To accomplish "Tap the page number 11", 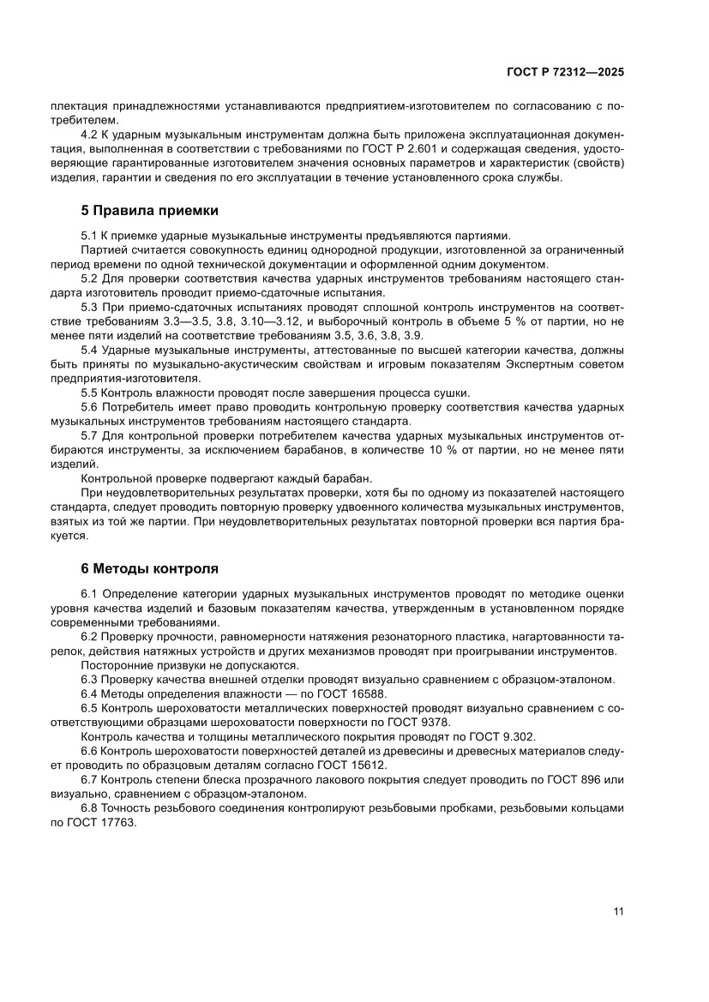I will (617, 910).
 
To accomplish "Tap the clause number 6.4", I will (90, 693).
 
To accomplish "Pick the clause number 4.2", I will (90, 135).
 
